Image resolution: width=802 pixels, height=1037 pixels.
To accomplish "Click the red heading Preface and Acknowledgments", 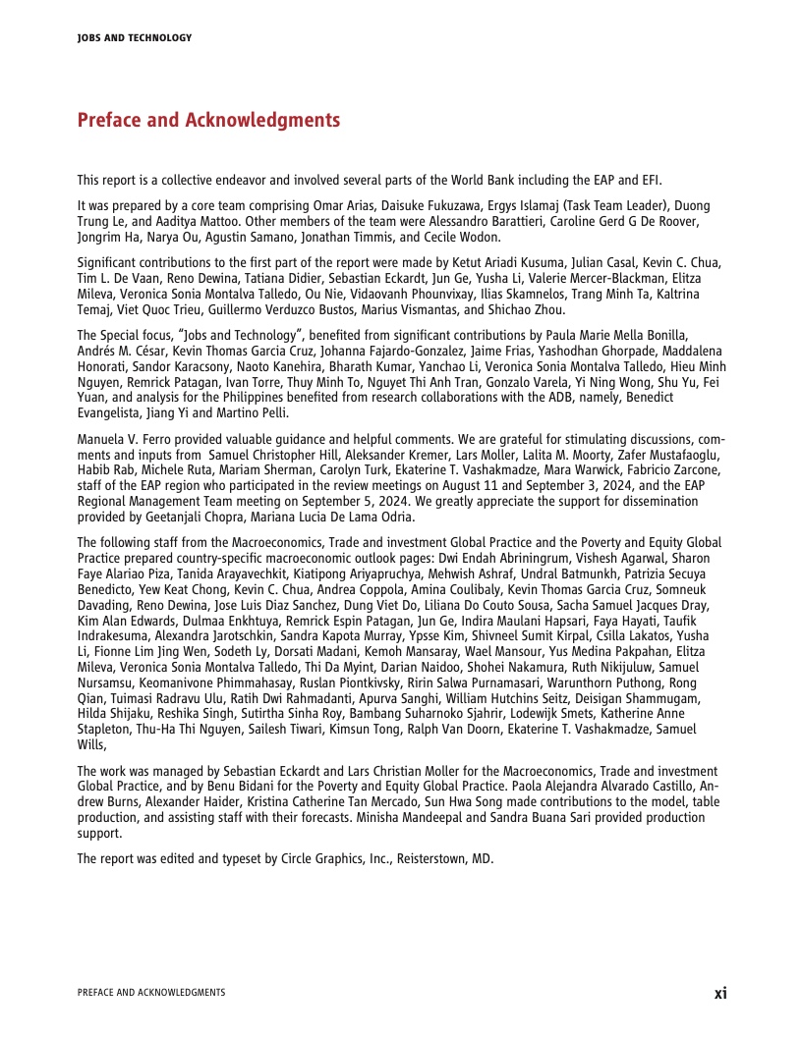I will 208,121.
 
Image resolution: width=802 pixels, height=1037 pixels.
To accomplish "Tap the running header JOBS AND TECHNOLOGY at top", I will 134,38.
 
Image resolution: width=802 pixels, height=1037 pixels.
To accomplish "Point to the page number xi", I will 720,993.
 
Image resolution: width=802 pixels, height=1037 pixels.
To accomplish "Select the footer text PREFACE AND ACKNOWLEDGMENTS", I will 150,993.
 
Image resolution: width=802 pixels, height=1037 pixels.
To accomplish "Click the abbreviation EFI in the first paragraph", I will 653,180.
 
